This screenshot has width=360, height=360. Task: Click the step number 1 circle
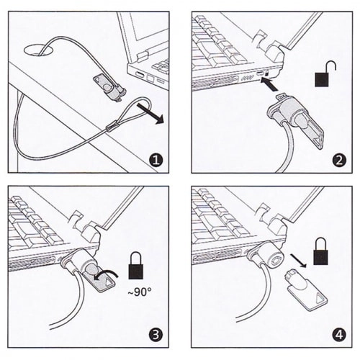[156, 160]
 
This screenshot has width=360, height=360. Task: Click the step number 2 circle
[339, 161]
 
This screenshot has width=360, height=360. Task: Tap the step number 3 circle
[156, 335]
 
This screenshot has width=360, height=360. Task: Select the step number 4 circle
[339, 335]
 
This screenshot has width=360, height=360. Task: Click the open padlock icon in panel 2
[325, 74]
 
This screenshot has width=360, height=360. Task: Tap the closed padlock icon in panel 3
[136, 265]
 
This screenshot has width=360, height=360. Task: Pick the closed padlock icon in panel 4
[321, 251]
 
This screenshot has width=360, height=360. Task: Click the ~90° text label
[140, 292]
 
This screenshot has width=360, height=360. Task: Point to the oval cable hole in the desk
[38, 50]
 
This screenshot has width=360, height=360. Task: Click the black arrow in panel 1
[150, 114]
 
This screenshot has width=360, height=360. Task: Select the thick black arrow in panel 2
[269, 85]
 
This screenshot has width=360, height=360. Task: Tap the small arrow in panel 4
[298, 261]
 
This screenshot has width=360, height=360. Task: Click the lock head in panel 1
[110, 88]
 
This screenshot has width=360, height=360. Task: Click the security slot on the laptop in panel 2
[267, 73]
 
